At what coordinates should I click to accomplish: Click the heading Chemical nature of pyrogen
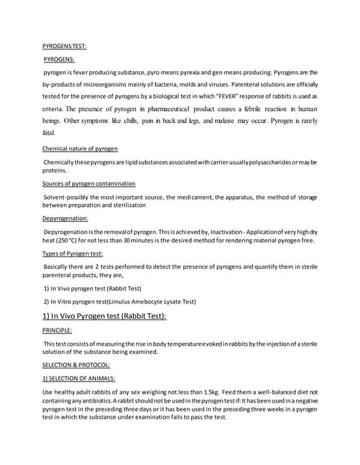click(x=81, y=148)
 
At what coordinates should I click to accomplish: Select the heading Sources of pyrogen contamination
click(x=89, y=183)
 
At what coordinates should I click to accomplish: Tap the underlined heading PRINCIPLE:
click(x=57, y=330)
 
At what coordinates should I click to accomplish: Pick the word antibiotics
click(x=94, y=402)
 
